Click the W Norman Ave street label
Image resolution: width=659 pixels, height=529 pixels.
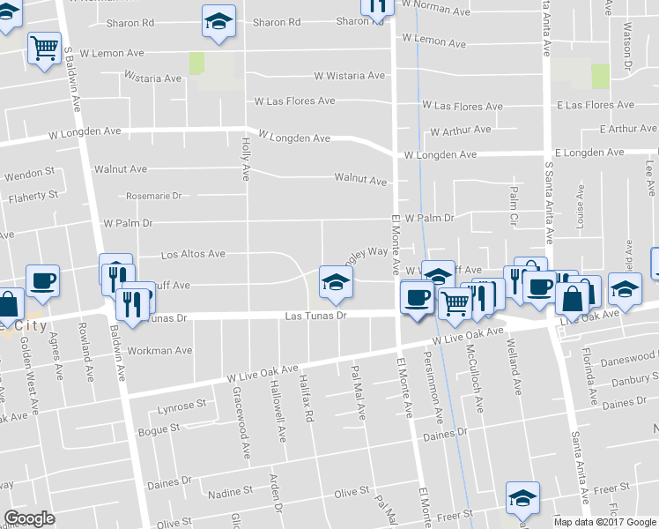(x=437, y=12)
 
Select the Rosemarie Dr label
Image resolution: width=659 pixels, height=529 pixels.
(x=153, y=196)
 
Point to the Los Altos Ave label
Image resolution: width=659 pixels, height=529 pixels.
(x=193, y=255)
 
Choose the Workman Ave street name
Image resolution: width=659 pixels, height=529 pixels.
(x=159, y=350)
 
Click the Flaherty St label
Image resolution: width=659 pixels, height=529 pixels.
(x=33, y=194)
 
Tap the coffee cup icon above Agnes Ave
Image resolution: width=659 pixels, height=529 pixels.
(x=42, y=280)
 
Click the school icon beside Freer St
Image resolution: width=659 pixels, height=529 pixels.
(x=522, y=497)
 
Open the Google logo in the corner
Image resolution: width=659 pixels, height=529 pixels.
(x=29, y=519)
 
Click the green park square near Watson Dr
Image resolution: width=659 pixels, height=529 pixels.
(x=601, y=76)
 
